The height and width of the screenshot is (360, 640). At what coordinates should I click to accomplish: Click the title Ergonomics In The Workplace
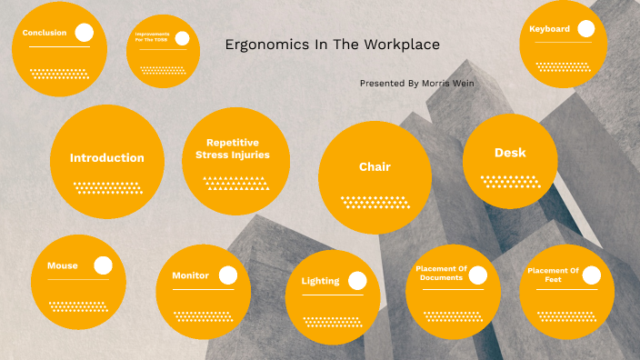click(332, 45)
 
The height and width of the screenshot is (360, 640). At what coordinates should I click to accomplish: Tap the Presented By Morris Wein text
click(416, 83)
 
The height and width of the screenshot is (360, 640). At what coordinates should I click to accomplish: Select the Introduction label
click(107, 158)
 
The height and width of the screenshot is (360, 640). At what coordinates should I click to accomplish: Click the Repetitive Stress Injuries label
click(233, 149)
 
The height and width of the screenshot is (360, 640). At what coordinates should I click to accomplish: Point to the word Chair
click(375, 167)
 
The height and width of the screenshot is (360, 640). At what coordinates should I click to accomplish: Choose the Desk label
click(510, 153)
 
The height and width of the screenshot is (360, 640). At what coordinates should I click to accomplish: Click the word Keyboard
click(550, 29)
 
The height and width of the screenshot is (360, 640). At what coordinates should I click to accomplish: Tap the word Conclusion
click(45, 33)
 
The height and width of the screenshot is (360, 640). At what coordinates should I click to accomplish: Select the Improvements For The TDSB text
click(151, 37)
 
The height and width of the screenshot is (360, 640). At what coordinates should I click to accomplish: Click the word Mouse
click(63, 266)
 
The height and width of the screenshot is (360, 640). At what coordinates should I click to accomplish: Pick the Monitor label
click(191, 275)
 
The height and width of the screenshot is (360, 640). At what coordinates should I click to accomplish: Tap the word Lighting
click(320, 281)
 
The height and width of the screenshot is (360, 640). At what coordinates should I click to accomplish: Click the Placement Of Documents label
click(441, 273)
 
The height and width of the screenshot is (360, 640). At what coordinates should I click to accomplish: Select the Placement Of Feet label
click(553, 274)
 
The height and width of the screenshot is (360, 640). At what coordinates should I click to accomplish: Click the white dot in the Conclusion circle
click(85, 33)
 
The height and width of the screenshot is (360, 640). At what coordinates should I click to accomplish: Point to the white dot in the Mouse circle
click(104, 265)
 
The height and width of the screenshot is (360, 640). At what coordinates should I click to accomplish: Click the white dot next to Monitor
click(228, 275)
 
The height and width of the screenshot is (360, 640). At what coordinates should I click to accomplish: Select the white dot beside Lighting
click(357, 281)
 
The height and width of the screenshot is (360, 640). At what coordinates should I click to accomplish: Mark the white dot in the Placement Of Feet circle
click(591, 274)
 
